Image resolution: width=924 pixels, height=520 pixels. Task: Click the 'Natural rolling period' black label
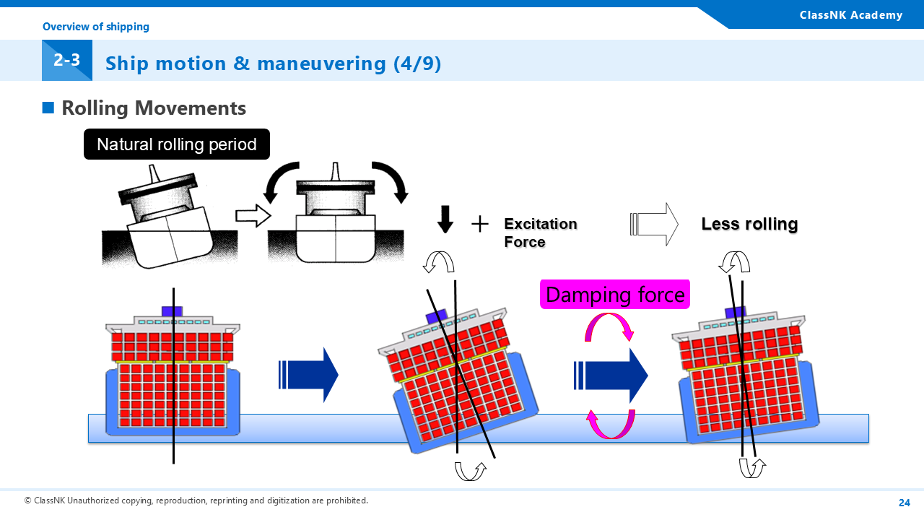(x=177, y=144)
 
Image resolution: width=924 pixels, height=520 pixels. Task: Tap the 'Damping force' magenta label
(x=615, y=295)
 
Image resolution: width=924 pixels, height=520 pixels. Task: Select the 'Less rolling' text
(x=749, y=224)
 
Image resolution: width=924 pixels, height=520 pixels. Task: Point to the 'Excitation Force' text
(x=540, y=233)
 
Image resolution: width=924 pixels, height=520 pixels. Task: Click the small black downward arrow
(x=445, y=219)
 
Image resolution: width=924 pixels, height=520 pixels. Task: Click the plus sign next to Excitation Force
(x=480, y=224)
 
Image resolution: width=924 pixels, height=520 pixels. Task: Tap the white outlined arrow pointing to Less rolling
(x=654, y=224)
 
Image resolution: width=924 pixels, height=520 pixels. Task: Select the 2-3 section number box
(x=66, y=61)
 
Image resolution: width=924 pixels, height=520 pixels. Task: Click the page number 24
(x=904, y=503)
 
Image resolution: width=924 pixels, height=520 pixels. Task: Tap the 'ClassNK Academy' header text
(x=850, y=15)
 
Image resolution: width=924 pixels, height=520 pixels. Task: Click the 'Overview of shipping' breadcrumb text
(x=96, y=27)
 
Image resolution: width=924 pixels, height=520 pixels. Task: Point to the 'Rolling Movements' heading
(x=154, y=108)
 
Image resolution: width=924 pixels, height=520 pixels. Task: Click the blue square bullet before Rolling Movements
(x=48, y=108)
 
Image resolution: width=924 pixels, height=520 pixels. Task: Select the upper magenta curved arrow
(x=609, y=326)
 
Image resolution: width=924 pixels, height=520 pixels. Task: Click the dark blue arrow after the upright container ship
(x=308, y=374)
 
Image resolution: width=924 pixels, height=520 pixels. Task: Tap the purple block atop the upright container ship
(x=172, y=311)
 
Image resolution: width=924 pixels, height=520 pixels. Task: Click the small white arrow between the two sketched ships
(x=252, y=216)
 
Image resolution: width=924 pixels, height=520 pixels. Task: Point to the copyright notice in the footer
(x=196, y=500)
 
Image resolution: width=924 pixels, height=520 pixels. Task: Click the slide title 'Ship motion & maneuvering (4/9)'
(x=273, y=64)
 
